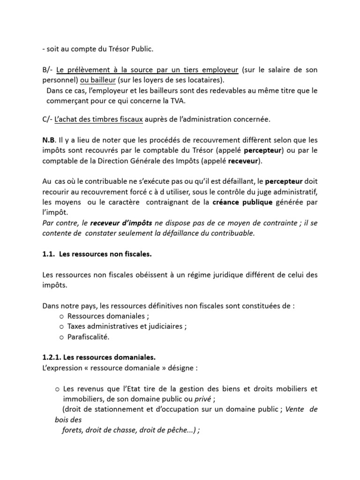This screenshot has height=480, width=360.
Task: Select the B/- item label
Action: (x=47, y=70)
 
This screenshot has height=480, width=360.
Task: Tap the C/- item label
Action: (x=47, y=120)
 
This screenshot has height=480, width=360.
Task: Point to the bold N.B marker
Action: (x=48, y=140)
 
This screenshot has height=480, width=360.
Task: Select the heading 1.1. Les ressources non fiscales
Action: (x=97, y=254)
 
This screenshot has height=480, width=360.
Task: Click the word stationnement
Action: (x=109, y=409)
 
